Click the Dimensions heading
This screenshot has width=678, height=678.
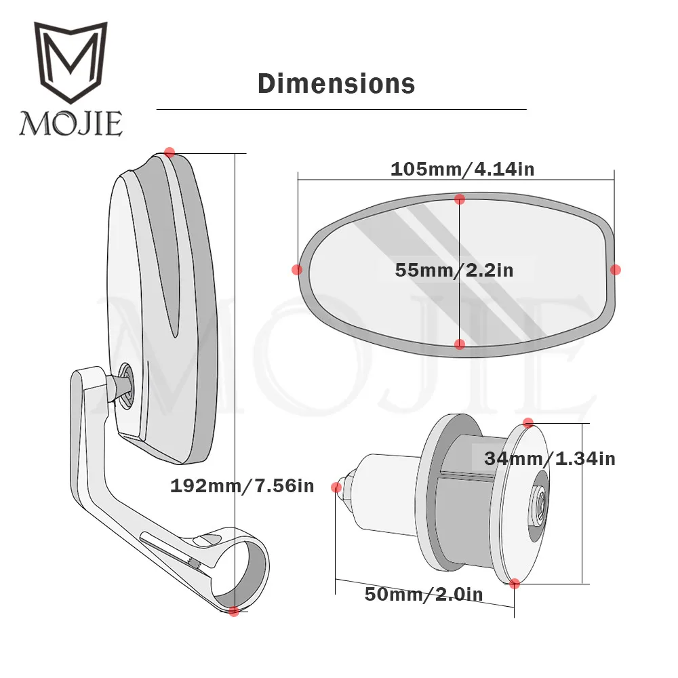pos(336,84)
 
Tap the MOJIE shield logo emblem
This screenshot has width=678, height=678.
pos(71,62)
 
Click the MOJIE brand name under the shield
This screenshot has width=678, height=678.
pos(71,123)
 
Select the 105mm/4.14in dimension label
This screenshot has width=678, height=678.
pos(462,169)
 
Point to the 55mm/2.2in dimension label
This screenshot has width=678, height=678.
pos(454,271)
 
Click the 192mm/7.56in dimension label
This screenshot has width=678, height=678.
pos(242,486)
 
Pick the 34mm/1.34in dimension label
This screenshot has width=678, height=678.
pos(550,459)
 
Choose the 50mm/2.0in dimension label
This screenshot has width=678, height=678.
pos(424,594)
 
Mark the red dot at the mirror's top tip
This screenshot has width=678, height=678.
pos(169,152)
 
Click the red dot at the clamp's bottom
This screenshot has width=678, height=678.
pos(234,611)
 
